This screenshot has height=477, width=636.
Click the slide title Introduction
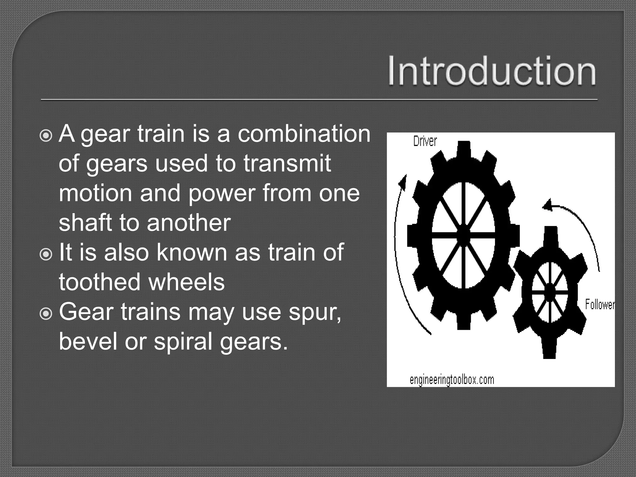(492, 71)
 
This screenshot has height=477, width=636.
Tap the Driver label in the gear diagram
(425, 142)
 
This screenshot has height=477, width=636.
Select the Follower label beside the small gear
(600, 304)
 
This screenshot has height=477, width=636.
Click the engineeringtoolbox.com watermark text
(452, 379)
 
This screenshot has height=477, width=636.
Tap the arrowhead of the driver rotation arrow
(403, 182)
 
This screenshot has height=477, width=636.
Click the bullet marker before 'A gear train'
(46, 135)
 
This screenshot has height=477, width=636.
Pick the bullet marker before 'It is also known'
(46, 254)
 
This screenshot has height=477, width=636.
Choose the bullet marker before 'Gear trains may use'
(46, 314)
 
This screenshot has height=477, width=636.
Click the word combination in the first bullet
(304, 134)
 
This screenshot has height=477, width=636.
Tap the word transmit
(287, 163)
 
